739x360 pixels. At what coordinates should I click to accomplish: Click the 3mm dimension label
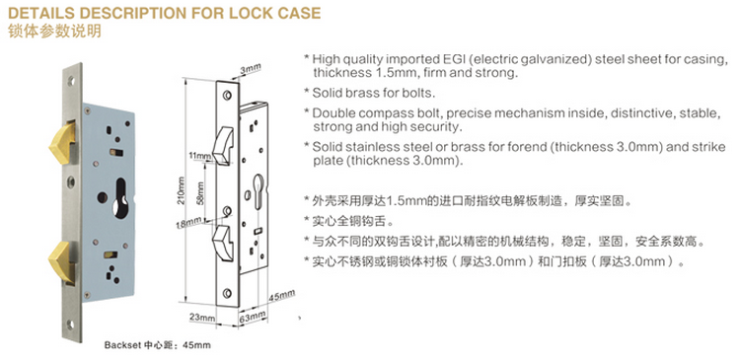(x=251, y=69)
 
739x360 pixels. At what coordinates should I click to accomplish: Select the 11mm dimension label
(x=199, y=156)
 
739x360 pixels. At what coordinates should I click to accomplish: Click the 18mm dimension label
(x=189, y=222)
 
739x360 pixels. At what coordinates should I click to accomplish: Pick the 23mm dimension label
(x=202, y=318)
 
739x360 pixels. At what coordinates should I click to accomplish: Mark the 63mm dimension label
(x=253, y=317)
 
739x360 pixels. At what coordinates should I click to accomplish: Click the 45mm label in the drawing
(x=282, y=296)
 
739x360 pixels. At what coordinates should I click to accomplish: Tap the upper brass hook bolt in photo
(x=62, y=141)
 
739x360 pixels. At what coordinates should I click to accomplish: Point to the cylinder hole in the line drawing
(x=259, y=190)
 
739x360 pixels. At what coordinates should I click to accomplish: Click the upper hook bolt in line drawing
(x=223, y=147)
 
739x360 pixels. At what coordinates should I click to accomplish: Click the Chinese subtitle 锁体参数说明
(x=54, y=32)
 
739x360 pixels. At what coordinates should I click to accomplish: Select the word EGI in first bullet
(x=452, y=60)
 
